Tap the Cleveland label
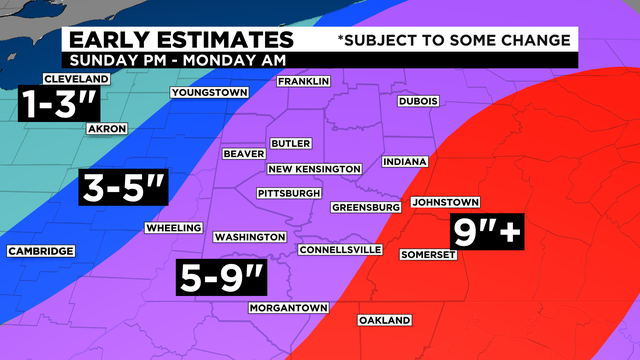pyautogui.click(x=76, y=79)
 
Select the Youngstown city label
pyautogui.click(x=209, y=93)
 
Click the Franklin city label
pyautogui.click(x=303, y=82)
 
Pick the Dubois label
pyautogui.click(x=419, y=101)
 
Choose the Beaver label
pyautogui.click(x=244, y=154)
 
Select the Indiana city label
pyautogui.click(x=404, y=161)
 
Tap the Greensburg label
pyautogui.click(x=366, y=207)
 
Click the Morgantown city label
pyautogui.click(x=289, y=307)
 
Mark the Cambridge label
pyautogui.click(x=40, y=251)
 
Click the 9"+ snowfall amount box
pyautogui.click(x=488, y=232)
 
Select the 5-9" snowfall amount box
pyautogui.click(x=222, y=276)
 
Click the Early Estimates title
pyautogui.click(x=180, y=40)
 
